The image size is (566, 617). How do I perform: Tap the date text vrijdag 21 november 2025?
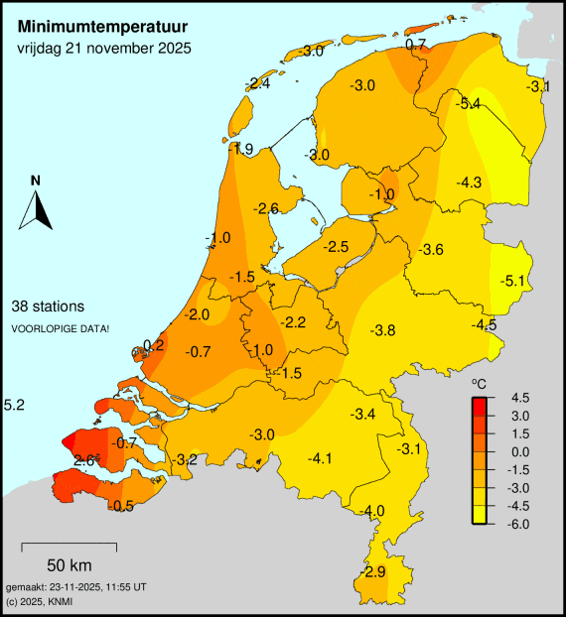(x=104, y=48)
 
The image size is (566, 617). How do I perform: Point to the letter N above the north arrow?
(x=35, y=181)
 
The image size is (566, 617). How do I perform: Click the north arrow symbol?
(x=36, y=210)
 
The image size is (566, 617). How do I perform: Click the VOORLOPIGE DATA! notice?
(x=61, y=327)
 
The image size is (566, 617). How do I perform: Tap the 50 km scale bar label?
(x=69, y=565)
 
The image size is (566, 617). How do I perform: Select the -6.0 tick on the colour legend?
(x=519, y=523)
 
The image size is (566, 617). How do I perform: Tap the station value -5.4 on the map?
(x=467, y=104)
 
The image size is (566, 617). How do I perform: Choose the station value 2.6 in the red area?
(x=84, y=459)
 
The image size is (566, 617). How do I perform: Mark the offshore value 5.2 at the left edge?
(x=14, y=405)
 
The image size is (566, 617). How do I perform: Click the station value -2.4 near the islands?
(x=258, y=84)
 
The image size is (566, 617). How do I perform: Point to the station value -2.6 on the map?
(x=265, y=208)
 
